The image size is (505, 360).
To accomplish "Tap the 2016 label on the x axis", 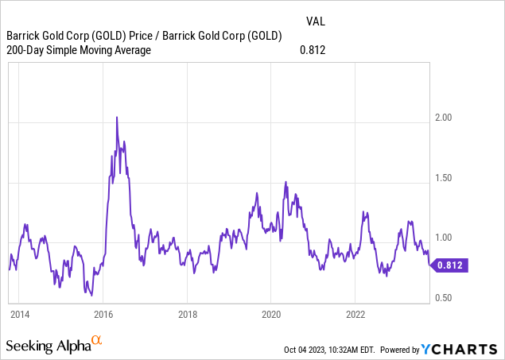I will pyautogui.click(x=103, y=312).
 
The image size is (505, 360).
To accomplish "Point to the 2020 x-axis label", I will pyautogui.click(x=271, y=312).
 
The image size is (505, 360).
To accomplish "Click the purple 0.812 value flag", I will pyautogui.click(x=450, y=266).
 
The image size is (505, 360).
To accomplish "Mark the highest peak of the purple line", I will pyautogui.click(x=118, y=117).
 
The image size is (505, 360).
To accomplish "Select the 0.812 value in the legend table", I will pyautogui.click(x=313, y=51).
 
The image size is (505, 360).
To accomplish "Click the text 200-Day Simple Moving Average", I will pyautogui.click(x=78, y=51).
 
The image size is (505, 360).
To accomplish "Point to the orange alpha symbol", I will pyautogui.click(x=96, y=341).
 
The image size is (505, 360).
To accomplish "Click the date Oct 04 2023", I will pyautogui.click(x=308, y=350).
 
